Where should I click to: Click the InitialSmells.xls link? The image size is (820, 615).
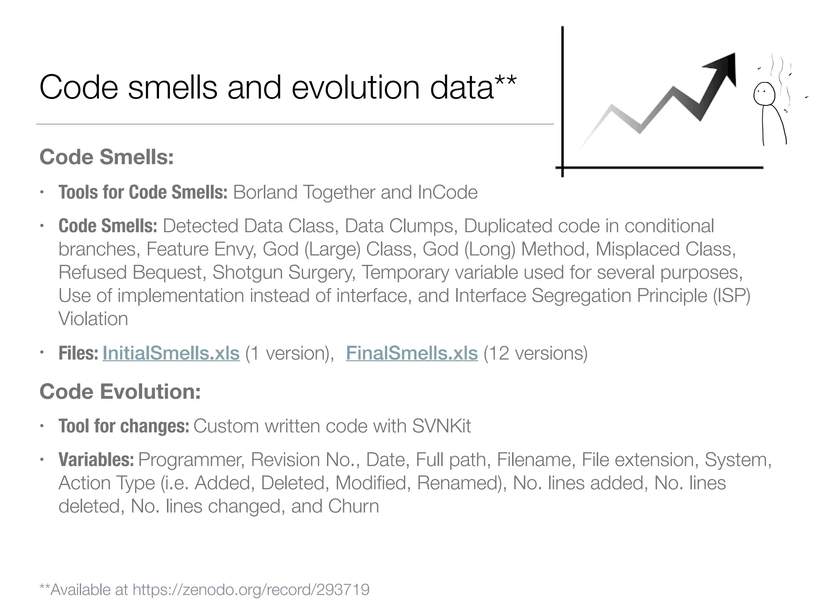pos(171,353)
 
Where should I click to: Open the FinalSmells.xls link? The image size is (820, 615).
pos(412,353)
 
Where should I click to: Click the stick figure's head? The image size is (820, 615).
pos(764,94)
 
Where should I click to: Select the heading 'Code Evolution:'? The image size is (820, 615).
pos(120,392)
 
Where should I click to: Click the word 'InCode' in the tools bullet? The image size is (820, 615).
pos(447,192)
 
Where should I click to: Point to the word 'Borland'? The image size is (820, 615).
pos(265,192)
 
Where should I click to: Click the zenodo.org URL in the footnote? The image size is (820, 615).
pos(251,590)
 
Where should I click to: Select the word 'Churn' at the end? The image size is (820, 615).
pos(354,506)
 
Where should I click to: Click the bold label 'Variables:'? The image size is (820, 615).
pos(96,460)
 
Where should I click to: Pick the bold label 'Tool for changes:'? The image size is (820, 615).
pos(124,426)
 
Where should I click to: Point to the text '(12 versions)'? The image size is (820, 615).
pos(535,353)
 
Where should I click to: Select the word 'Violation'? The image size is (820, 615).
pos(93,319)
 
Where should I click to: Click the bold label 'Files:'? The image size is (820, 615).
pos(78,353)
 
